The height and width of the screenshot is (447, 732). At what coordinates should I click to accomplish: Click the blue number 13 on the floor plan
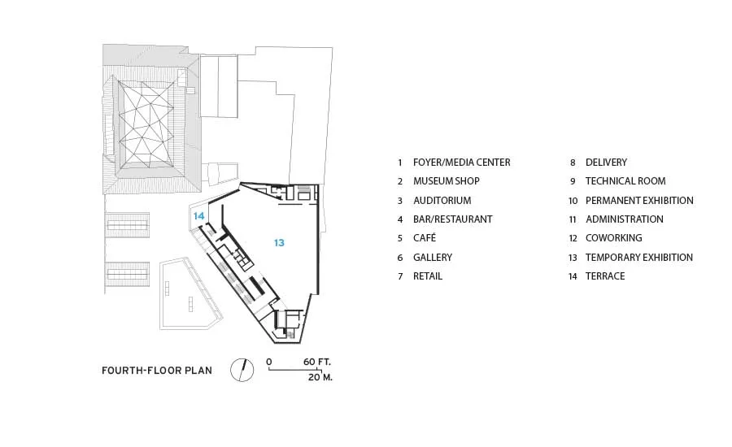pos(279,243)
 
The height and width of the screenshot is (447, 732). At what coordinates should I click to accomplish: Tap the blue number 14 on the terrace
pos(199,216)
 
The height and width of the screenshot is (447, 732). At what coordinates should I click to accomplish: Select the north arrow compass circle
pos(242,370)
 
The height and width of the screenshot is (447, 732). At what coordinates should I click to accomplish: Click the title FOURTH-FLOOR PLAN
pos(157,371)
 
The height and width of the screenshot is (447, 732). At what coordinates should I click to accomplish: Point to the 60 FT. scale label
pos(317,362)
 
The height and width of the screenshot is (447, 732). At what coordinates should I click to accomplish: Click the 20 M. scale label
pos(320,377)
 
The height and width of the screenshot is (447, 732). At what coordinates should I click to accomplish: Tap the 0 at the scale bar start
pos(269,362)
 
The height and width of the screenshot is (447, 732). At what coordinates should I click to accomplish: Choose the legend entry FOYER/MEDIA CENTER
pos(462,163)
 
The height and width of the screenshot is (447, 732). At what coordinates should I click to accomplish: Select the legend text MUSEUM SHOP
pos(447,181)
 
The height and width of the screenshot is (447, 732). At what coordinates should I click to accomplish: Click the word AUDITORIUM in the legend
pos(442,201)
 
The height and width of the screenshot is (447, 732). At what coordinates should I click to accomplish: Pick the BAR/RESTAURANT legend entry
pos(453,219)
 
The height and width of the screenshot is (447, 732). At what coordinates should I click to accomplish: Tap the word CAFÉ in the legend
pos(425,238)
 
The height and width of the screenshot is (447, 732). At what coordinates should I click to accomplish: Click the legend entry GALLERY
pos(433,258)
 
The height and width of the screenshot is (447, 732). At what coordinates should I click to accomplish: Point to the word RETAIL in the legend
pos(428,276)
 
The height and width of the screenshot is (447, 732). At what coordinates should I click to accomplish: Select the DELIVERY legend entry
pos(607,163)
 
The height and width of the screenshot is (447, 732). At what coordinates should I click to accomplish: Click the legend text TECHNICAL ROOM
pos(625,181)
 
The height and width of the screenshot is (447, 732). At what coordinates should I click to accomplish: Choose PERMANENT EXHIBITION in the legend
pos(639,201)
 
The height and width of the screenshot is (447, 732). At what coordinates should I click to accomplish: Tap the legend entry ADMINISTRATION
pos(625,219)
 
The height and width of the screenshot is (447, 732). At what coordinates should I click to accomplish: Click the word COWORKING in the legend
pos(614,238)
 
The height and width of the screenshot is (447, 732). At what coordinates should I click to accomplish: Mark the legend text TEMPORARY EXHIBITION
pos(639,258)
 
